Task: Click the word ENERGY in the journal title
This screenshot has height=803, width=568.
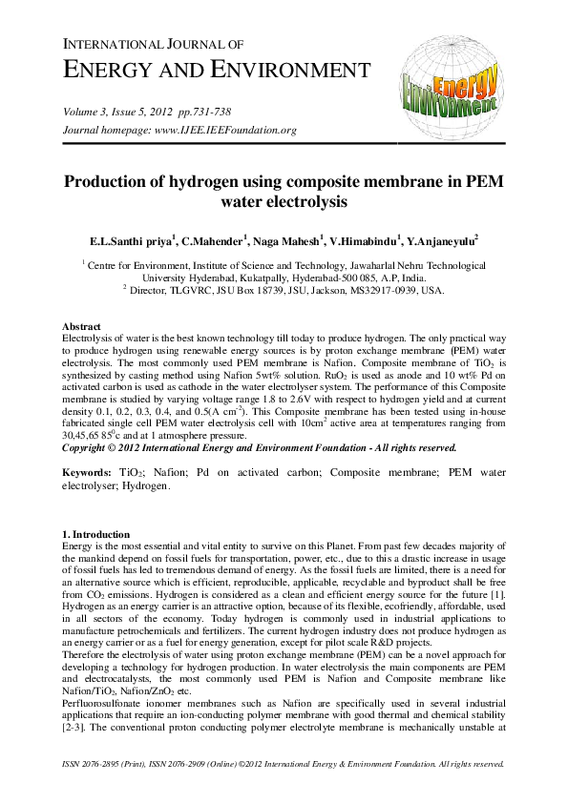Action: pos(114,70)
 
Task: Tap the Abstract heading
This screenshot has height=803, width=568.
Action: pos(81,327)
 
